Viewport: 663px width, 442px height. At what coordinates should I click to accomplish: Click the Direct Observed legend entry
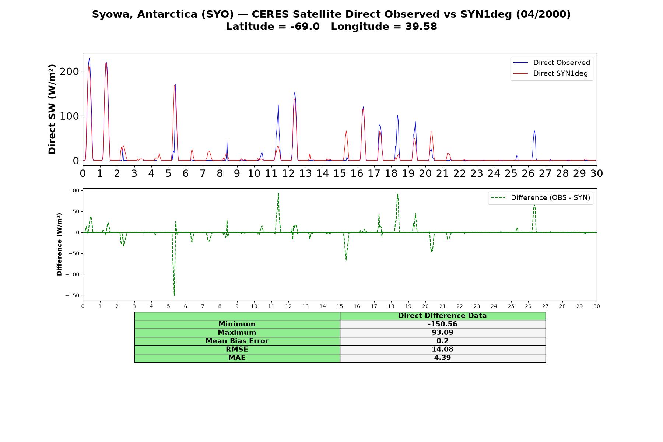click(551, 63)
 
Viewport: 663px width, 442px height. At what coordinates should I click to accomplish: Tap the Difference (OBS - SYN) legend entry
click(540, 198)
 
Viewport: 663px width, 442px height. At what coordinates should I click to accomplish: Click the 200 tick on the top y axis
click(69, 71)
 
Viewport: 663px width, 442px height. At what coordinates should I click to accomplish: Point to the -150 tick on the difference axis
click(73, 295)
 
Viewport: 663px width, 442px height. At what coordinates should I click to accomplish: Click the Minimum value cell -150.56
click(442, 324)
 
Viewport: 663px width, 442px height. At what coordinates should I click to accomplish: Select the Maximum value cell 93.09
click(442, 333)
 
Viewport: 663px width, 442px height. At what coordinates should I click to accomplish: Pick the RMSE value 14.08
click(442, 350)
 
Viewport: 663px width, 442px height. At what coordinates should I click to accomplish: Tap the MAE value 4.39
click(442, 358)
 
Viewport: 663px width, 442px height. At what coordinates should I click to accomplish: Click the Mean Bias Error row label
click(237, 341)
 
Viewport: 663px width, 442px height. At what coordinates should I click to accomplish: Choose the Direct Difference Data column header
click(442, 316)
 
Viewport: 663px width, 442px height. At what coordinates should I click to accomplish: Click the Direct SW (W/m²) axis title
click(52, 109)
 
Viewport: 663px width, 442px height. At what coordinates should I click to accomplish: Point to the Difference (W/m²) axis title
click(59, 244)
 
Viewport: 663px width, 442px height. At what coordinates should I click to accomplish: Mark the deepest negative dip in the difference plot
click(174, 295)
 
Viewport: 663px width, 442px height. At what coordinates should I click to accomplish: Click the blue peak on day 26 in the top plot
click(534, 131)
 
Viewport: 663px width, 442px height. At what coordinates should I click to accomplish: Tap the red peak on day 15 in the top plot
click(346, 131)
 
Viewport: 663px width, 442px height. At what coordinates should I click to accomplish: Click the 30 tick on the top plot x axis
click(597, 173)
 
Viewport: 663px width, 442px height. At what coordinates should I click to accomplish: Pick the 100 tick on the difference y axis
click(74, 190)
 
